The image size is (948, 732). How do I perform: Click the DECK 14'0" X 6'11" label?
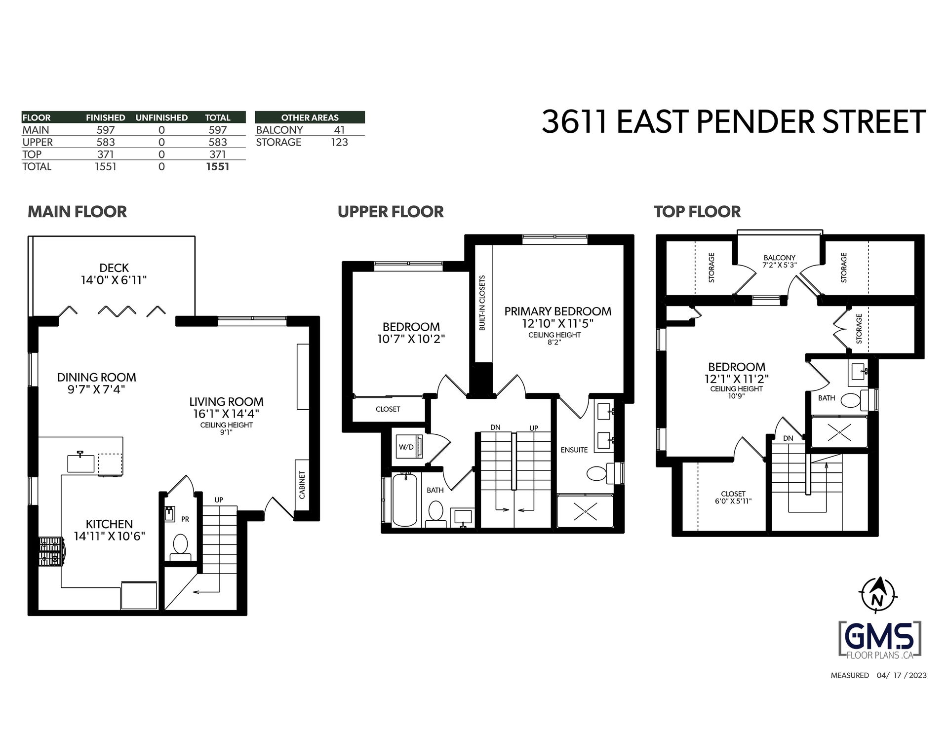114,274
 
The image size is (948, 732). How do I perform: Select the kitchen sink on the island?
81,462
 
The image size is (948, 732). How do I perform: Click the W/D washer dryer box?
407,447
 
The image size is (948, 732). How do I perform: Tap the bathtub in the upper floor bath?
405,500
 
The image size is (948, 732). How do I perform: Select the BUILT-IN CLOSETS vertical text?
482,303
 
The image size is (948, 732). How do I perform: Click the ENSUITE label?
574,450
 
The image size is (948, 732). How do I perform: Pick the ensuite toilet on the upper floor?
599,473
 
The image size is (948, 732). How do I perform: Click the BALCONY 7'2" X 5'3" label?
780,261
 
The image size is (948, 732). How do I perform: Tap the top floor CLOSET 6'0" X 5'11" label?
733,497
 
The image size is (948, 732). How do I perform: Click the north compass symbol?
877,595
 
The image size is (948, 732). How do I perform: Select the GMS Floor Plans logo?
880,640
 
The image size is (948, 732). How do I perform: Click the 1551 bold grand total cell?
218,166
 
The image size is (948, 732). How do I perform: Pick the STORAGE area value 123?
340,142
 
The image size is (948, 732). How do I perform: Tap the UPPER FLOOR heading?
391,212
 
